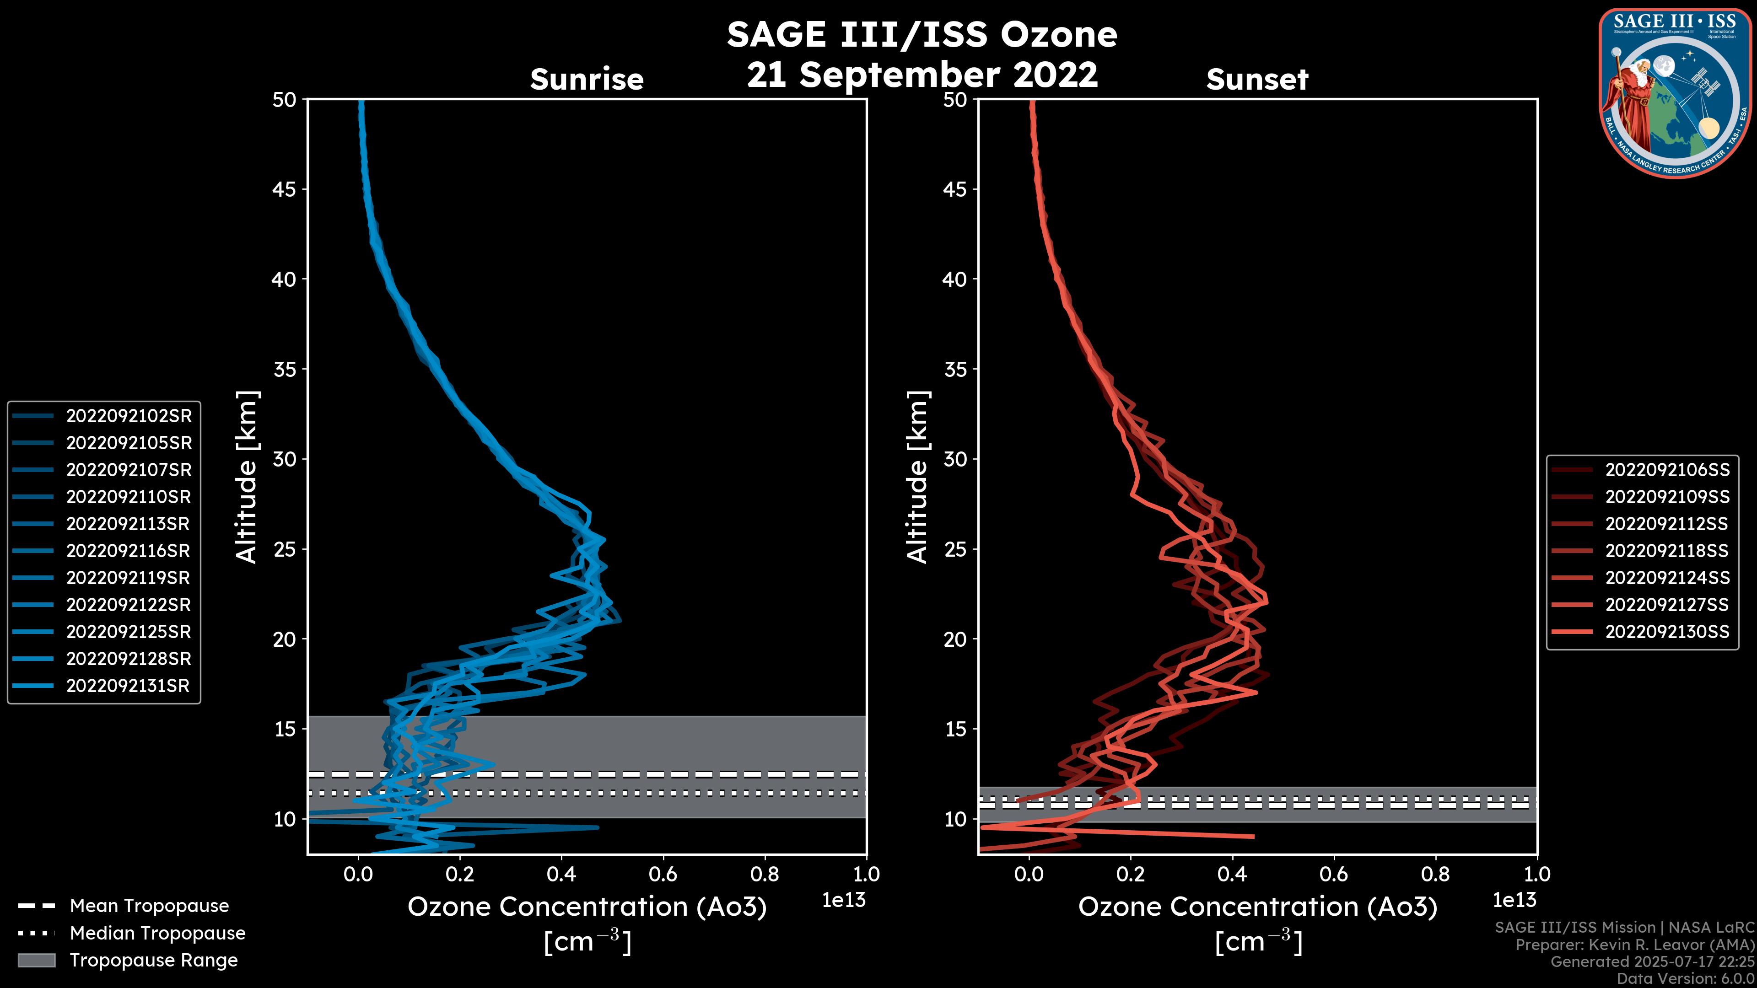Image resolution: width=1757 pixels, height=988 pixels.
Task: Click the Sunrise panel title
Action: coord(587,79)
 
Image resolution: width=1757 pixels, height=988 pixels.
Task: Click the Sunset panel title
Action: coord(1257,79)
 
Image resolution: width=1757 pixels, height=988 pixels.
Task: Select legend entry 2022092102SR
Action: coord(128,416)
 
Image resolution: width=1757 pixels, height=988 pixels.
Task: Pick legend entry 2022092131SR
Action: coord(128,686)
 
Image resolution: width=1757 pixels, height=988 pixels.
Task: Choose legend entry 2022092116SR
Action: coord(128,551)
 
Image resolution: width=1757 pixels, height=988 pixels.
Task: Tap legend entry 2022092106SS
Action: coord(1667,470)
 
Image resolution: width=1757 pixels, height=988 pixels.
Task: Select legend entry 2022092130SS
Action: coord(1667,632)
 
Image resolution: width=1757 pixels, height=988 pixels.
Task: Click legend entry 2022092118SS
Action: coord(1666,551)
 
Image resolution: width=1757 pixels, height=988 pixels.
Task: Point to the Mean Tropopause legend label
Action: coord(149,906)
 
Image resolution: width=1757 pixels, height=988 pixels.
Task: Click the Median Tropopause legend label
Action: coord(157,934)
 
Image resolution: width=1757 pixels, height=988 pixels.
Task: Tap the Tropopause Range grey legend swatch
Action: coord(37,960)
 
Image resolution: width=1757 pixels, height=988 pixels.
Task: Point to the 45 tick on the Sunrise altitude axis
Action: coord(285,189)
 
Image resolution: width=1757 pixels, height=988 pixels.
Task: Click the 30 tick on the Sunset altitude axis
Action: coord(955,460)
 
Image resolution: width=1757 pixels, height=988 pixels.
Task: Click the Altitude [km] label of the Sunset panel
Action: coord(917,477)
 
